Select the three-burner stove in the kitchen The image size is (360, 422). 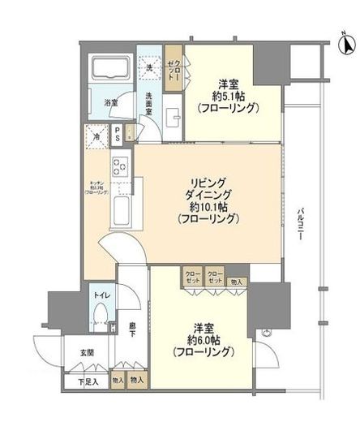[x=120, y=170]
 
